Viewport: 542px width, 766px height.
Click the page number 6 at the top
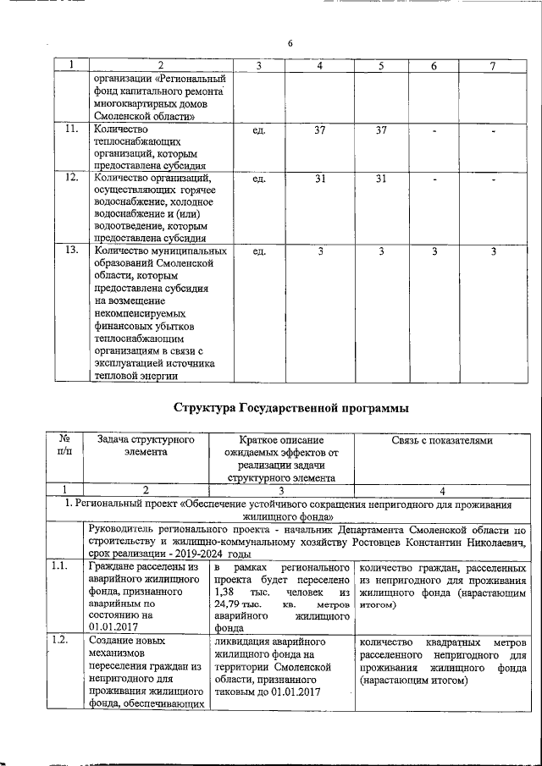click(290, 43)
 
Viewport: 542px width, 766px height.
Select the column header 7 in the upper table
click(493, 65)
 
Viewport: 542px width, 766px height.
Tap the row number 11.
click(72, 129)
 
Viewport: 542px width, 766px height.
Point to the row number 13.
click(72, 251)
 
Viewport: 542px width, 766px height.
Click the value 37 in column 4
click(319, 130)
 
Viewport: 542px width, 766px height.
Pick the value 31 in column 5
click(381, 179)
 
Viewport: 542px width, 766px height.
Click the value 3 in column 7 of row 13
click(493, 251)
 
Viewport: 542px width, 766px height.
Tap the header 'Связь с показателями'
click(441, 440)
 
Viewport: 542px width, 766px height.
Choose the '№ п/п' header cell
click(64, 446)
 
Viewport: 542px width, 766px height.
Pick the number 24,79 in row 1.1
click(229, 606)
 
